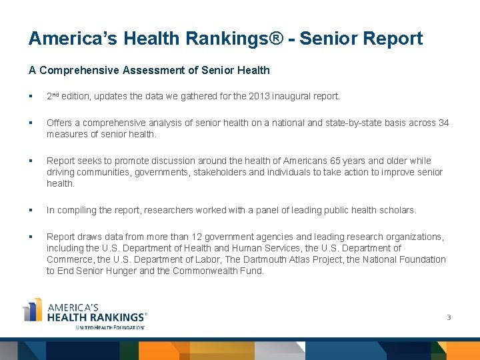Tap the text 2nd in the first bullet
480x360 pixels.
pos(53,96)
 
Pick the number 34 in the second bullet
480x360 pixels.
pos(443,123)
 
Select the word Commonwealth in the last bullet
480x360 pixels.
pos(204,271)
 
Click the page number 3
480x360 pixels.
pos(449,317)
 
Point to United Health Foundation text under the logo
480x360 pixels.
pos(110,327)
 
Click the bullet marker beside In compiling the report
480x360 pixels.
pos(31,210)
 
